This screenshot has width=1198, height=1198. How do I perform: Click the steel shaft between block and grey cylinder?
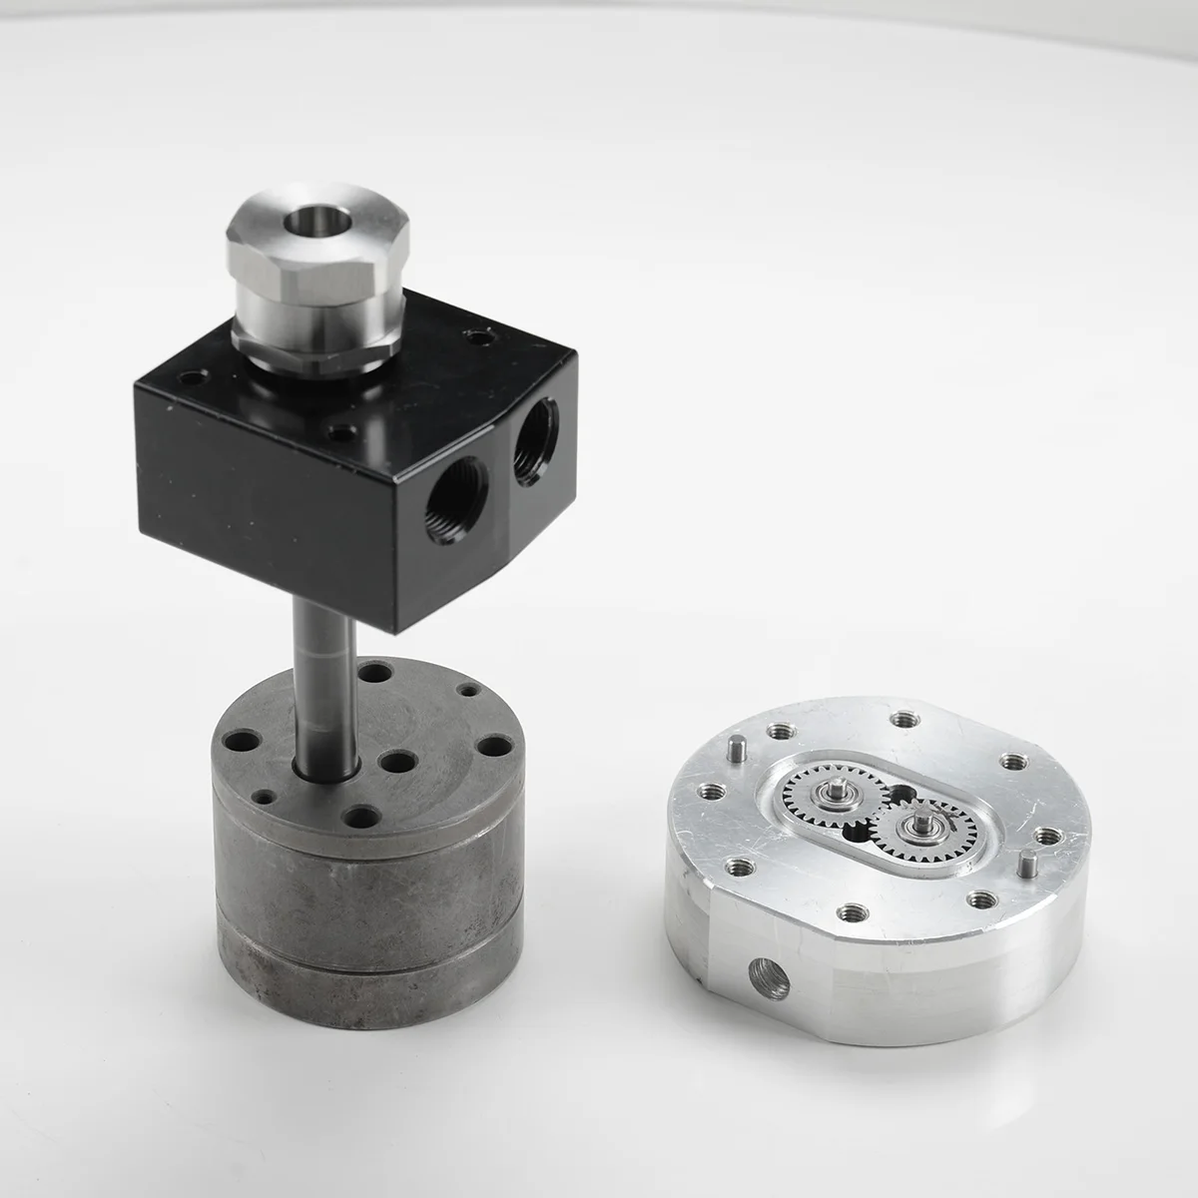coord(321,699)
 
